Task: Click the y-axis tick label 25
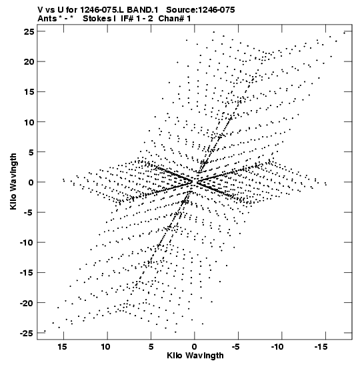point(29,31)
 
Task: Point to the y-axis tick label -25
point(27,333)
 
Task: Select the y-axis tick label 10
point(29,121)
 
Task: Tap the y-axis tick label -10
point(27,243)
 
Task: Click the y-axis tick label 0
point(31,182)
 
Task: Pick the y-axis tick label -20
point(27,303)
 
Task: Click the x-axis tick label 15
point(62,346)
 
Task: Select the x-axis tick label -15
point(321,346)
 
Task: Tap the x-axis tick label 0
point(195,346)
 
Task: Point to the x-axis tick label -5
point(236,346)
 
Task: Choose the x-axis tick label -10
point(277,346)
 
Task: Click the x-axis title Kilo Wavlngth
point(195,356)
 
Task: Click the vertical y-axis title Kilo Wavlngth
point(13,181)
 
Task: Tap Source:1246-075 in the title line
point(201,10)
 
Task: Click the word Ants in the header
point(47,19)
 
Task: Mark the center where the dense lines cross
point(195,181)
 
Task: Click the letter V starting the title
point(40,10)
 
